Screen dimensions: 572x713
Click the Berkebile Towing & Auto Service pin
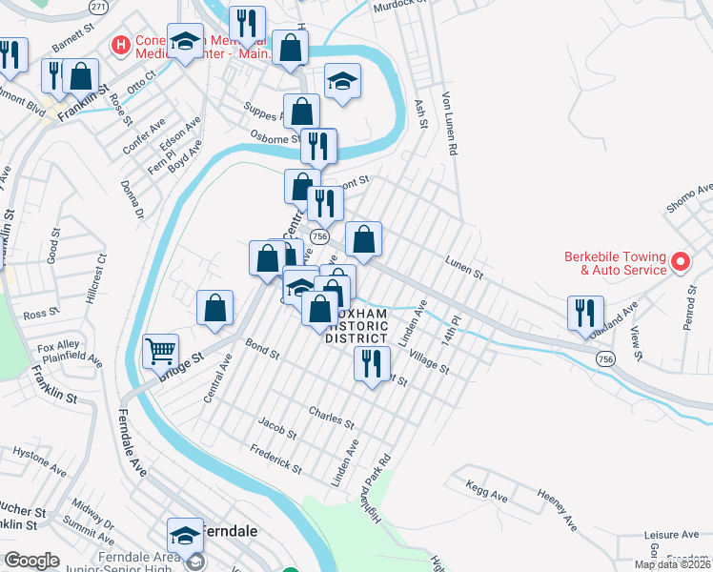click(x=681, y=260)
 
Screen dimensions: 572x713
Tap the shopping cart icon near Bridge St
click(x=160, y=351)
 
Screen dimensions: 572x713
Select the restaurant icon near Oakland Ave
click(x=584, y=313)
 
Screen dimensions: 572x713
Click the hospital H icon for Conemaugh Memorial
click(x=121, y=44)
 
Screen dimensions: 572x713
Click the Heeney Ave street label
click(x=557, y=509)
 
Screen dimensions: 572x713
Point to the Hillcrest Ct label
click(x=93, y=280)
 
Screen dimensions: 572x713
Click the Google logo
click(x=31, y=561)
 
